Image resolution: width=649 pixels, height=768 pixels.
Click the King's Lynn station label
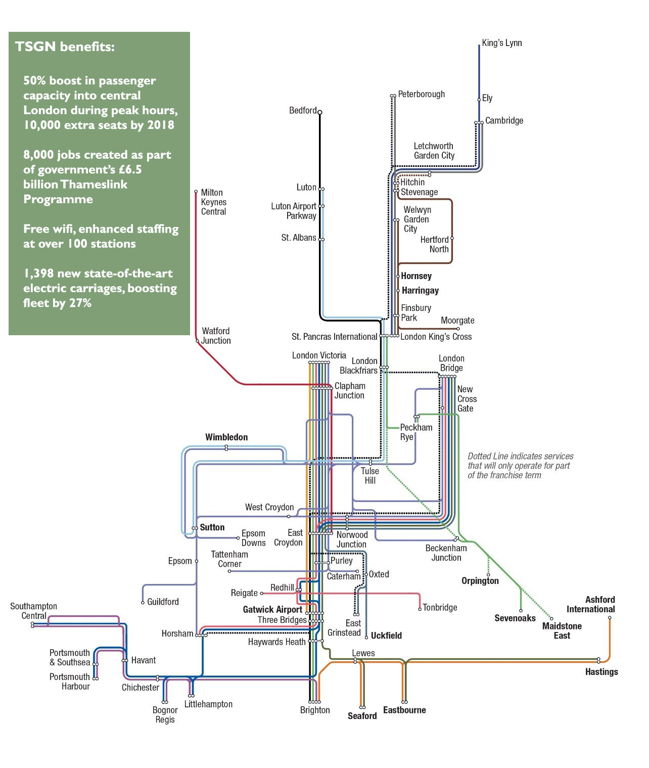(x=501, y=43)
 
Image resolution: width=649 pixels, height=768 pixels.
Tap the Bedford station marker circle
(x=319, y=112)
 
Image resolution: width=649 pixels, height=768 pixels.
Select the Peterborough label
(x=421, y=94)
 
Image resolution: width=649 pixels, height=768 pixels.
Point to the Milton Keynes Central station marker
(x=196, y=192)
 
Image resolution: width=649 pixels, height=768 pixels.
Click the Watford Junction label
(x=216, y=336)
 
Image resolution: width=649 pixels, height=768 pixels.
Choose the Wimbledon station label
(x=226, y=437)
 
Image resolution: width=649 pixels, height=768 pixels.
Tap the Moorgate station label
(x=457, y=320)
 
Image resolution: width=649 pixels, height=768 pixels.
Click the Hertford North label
(x=434, y=244)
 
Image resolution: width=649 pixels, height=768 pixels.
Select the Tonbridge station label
(x=440, y=607)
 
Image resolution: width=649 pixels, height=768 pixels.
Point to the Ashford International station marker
(x=610, y=617)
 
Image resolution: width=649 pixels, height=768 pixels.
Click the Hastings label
(x=601, y=671)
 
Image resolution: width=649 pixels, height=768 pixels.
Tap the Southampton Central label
(x=33, y=611)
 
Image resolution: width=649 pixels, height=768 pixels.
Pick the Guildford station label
(x=163, y=602)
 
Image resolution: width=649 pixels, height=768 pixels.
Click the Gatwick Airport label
(x=272, y=609)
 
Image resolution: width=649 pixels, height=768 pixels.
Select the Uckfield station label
(x=386, y=636)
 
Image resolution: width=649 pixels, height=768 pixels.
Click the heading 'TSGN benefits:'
(x=65, y=47)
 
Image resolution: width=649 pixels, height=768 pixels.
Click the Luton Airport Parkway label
(x=294, y=211)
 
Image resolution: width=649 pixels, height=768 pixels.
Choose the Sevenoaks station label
(x=515, y=618)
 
